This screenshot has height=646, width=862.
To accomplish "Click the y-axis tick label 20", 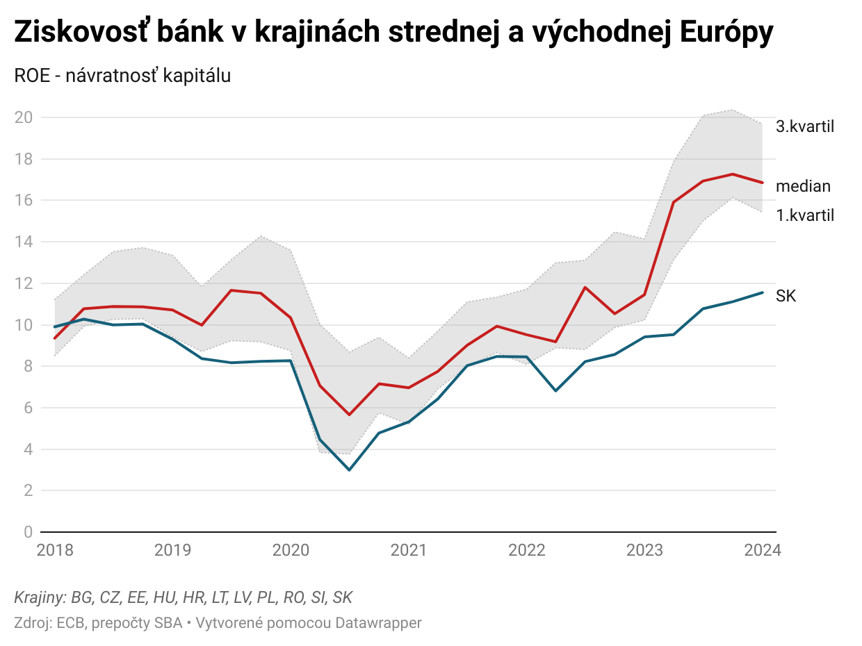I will click(x=23, y=117).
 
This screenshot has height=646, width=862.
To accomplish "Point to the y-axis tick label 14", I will click(x=23, y=242).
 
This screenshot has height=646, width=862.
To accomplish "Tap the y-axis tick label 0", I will click(x=28, y=532).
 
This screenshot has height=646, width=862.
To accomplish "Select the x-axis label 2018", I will click(x=55, y=551).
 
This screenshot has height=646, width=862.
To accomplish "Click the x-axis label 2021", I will click(x=409, y=551).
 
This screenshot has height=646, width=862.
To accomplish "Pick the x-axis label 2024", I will click(x=763, y=551).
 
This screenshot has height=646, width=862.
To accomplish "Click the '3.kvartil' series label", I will click(x=804, y=126).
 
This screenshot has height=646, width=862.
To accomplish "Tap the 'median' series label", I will click(x=803, y=186).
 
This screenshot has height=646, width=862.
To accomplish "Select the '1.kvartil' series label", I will click(x=804, y=215).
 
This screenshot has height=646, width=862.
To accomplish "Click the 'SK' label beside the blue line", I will click(x=786, y=297).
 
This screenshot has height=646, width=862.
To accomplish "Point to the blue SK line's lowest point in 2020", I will click(x=349, y=470).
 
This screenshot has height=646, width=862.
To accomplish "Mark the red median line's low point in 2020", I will click(x=349, y=415).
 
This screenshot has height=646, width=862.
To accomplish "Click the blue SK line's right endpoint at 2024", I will click(x=763, y=292).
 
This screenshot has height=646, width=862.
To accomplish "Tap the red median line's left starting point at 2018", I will click(x=55, y=338).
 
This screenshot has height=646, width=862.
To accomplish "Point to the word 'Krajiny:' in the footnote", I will click(x=40, y=597).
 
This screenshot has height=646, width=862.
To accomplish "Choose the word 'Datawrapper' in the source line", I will click(x=378, y=623).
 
